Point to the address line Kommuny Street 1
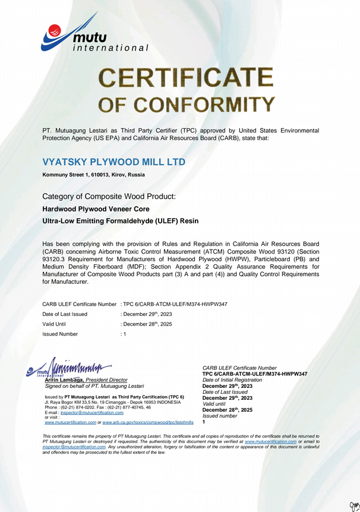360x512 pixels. (x=93, y=175)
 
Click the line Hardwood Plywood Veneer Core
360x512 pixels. (x=96, y=208)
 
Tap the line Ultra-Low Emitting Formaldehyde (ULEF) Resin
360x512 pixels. (x=121, y=221)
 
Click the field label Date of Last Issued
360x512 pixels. (x=65, y=314)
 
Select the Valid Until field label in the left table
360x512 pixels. (x=54, y=324)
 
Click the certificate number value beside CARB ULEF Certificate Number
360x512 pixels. (x=175, y=304)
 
